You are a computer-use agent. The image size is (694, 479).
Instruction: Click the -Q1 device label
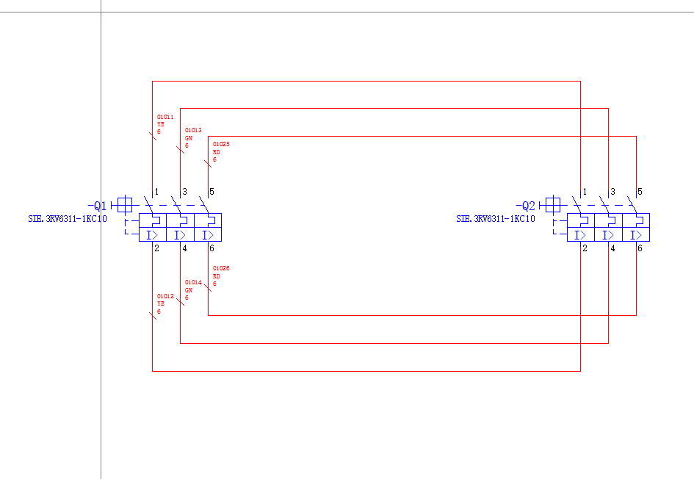coord(98,206)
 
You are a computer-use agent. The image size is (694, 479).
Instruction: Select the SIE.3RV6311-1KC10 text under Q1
coord(68,219)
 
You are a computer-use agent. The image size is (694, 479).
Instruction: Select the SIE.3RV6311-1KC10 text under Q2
coord(496,219)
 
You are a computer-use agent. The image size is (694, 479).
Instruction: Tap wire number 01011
coord(165,117)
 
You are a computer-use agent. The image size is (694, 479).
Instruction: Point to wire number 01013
coord(192,130)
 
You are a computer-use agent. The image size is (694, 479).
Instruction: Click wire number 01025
coord(221,144)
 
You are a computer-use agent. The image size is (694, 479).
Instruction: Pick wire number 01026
coord(221,269)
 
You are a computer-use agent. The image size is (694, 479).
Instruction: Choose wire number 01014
coord(192,283)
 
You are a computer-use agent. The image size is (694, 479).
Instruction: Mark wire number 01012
coord(165,296)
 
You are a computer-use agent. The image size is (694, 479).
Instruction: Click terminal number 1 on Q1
coord(156,192)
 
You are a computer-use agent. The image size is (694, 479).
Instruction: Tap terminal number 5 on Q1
coord(212,192)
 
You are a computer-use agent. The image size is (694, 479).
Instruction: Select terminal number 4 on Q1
coord(184,248)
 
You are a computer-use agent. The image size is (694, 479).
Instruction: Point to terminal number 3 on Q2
coord(612,192)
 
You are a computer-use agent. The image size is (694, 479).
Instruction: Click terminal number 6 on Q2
coord(640,248)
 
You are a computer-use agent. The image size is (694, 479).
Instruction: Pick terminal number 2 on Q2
coord(585,248)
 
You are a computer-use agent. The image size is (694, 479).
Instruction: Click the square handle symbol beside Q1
coord(126,204)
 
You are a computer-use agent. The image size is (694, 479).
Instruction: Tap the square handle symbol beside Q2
coord(553,204)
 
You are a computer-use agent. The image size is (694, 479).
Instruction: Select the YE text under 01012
coord(161,303)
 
